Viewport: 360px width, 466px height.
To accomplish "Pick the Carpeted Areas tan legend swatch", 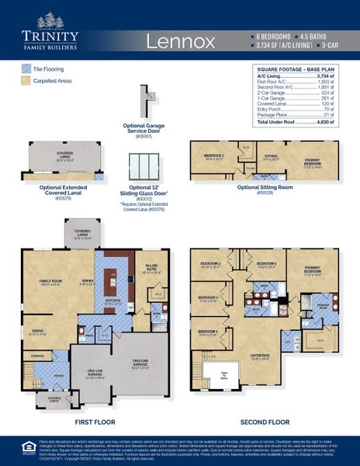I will click(x=28, y=81).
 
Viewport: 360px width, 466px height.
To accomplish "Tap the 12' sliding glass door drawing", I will click(x=145, y=166).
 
